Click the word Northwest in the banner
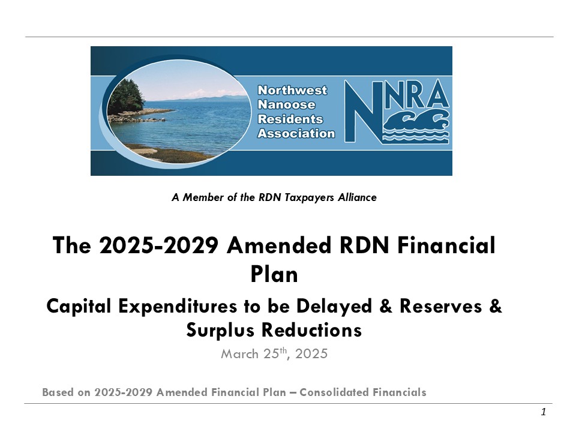pyautogui.click(x=292, y=91)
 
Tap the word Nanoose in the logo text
pyautogui.click(x=287, y=104)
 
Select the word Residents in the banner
pyautogui.click(x=290, y=119)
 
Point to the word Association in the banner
pyautogui.click(x=296, y=133)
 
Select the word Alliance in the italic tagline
pyautogui.click(x=357, y=197)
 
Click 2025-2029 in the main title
pyautogui.click(x=158, y=245)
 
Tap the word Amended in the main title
pyautogui.click(x=279, y=245)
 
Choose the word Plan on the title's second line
pyautogui.click(x=274, y=274)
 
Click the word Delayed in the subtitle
pyautogui.click(x=334, y=306)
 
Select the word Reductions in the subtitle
pyautogui.click(x=311, y=330)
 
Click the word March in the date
pyautogui.click(x=239, y=354)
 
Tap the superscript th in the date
pyautogui.click(x=283, y=350)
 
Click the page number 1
pyautogui.click(x=544, y=412)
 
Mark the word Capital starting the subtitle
pyautogui.click(x=79, y=307)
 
